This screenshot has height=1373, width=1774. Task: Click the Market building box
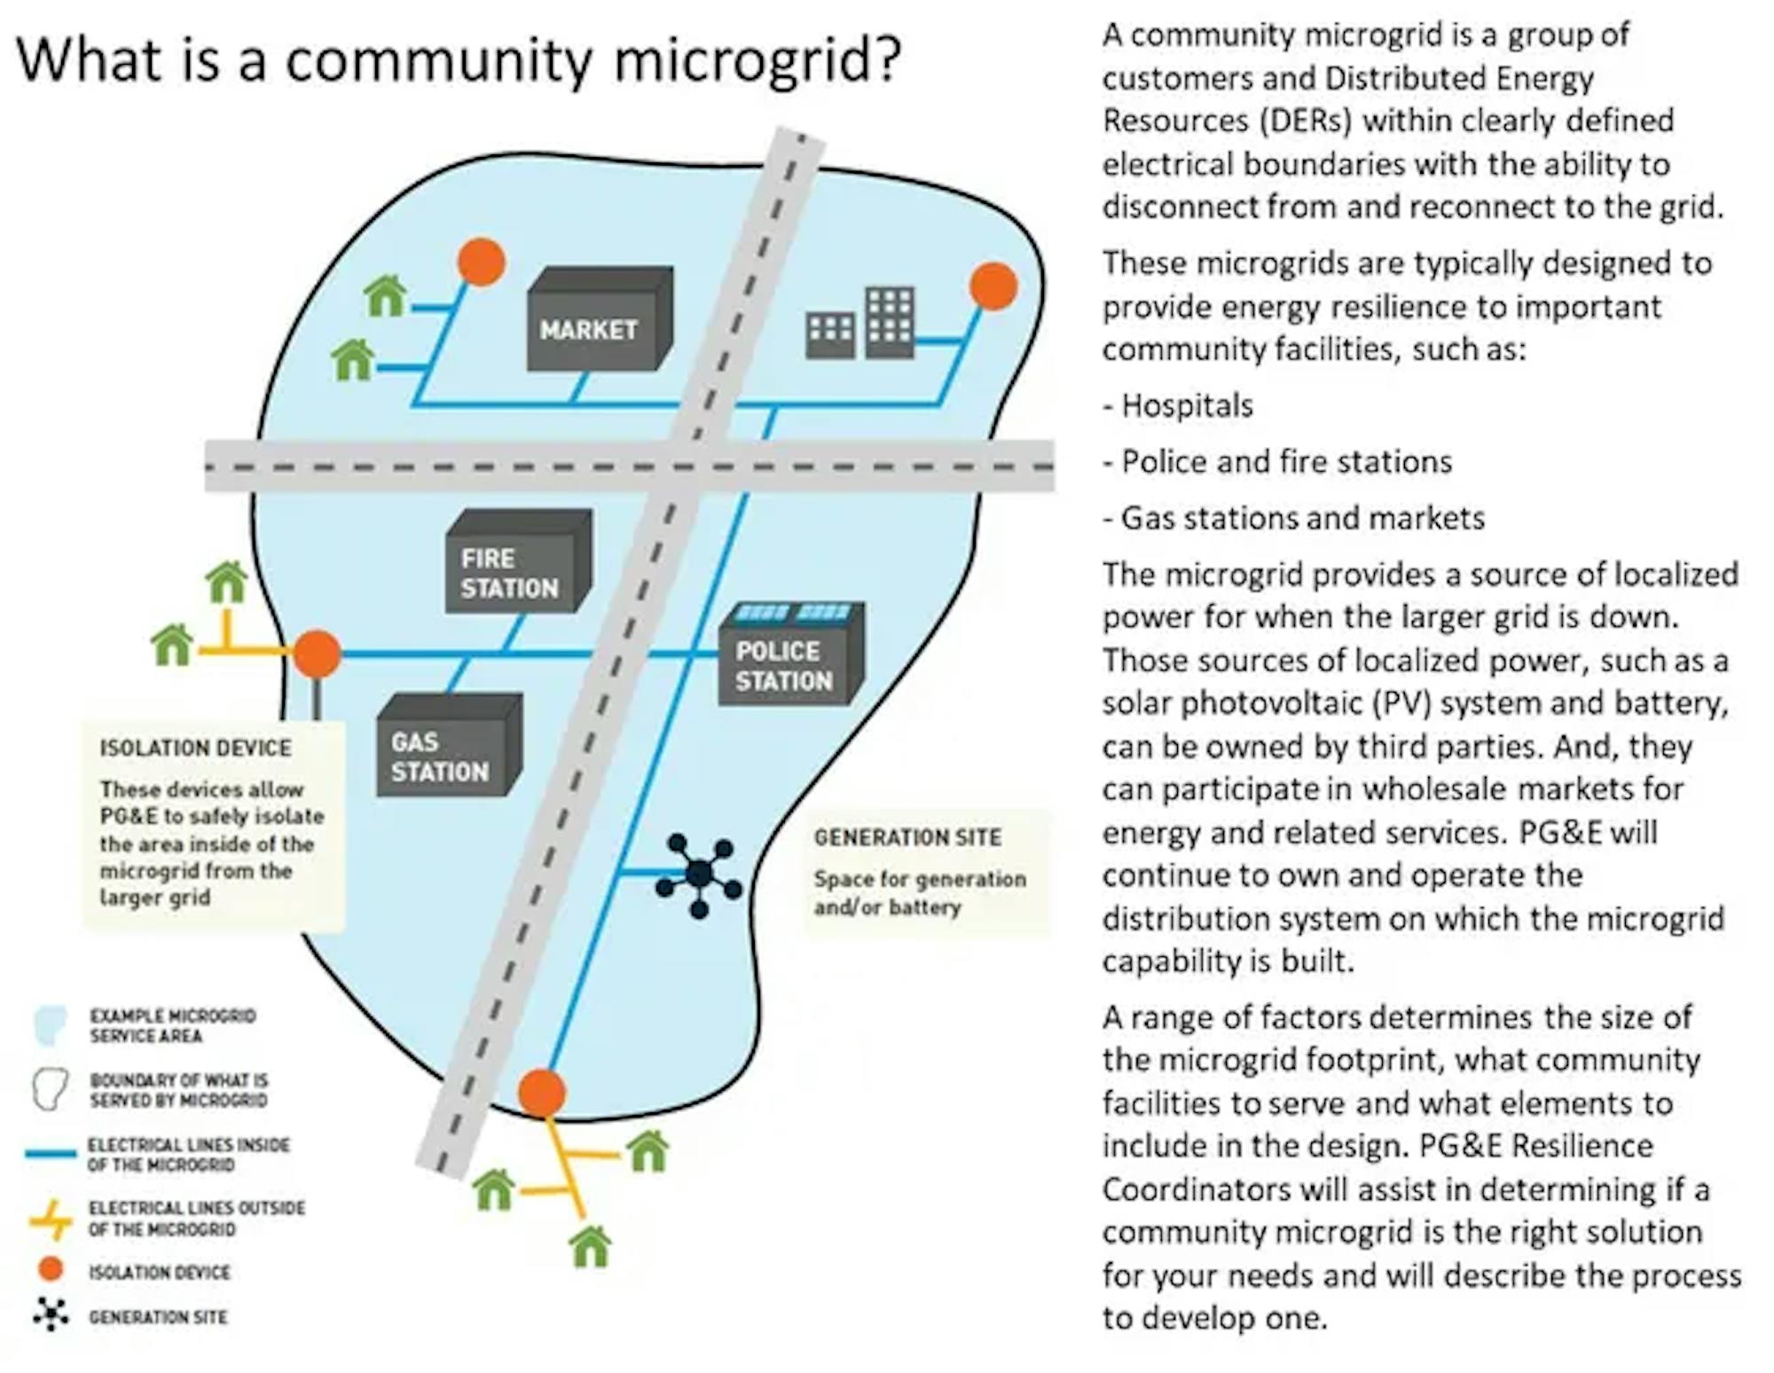coord(596,320)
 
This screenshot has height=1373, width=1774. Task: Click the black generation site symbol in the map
coord(699,875)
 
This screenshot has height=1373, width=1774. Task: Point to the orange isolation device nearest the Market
coord(482,262)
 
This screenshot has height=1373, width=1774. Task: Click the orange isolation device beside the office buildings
coord(993,286)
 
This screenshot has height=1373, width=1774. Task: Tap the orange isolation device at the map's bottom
coord(541,1093)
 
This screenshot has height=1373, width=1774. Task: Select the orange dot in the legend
coord(51,1269)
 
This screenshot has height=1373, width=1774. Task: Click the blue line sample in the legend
coord(51,1154)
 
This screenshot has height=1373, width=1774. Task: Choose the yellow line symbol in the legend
coord(51,1220)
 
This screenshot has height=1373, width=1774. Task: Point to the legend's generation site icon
coord(51,1315)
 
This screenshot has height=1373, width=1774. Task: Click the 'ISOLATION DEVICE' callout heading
coord(195,748)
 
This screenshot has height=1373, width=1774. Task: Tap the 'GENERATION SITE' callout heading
coord(907,837)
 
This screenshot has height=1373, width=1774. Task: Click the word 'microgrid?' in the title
coord(757,60)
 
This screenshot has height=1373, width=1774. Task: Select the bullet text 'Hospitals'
coord(1187,406)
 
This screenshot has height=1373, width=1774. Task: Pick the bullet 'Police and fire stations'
coord(1286,462)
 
